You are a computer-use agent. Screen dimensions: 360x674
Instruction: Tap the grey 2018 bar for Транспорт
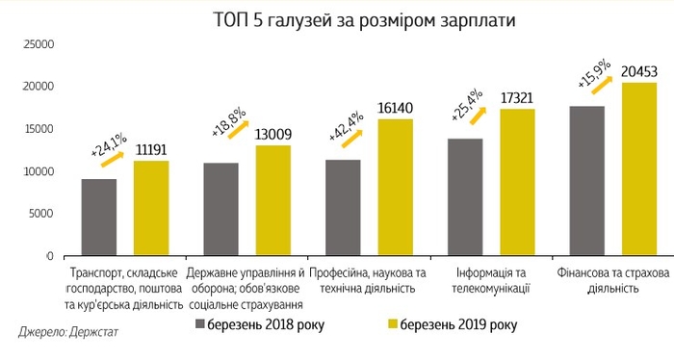[x=100, y=218]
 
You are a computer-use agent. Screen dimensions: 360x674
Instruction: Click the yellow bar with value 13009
[x=272, y=200]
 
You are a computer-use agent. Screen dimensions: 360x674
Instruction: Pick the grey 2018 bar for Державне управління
[x=220, y=209]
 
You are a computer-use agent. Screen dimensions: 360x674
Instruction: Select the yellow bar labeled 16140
[x=394, y=188]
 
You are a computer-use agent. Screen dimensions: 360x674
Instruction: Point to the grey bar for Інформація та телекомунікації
[x=464, y=197]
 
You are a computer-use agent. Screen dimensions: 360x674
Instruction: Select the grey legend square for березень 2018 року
[x=203, y=322]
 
